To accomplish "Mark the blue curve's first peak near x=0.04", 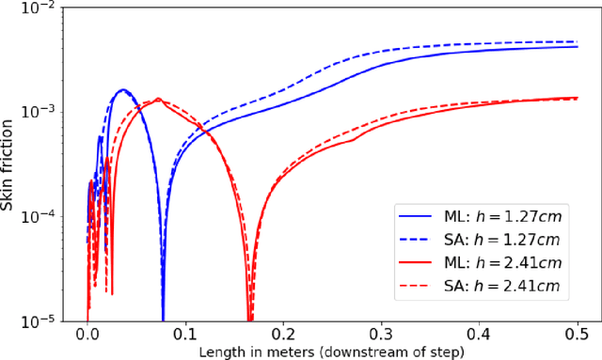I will pos(123,90).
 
